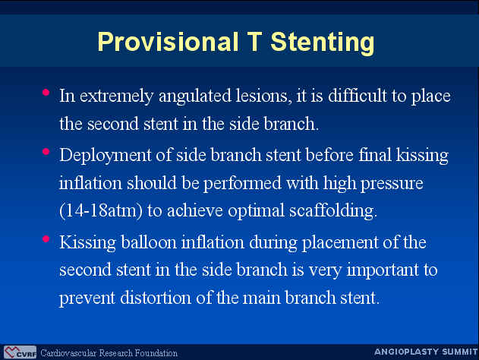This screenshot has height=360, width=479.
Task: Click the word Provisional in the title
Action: (168, 42)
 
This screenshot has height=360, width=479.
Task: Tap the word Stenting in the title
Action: (323, 43)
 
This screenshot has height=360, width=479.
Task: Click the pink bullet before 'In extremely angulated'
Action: (46, 93)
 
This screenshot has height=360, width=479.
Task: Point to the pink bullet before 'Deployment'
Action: (46, 152)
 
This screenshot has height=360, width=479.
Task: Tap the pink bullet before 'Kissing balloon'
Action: (46, 238)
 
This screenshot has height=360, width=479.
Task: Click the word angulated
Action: (195, 96)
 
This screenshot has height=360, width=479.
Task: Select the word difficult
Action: (358, 96)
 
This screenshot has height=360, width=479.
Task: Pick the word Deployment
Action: (106, 156)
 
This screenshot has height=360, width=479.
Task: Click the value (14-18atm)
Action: (101, 211)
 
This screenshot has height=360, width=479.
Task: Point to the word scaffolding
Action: (333, 211)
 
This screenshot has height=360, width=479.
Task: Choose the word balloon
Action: (149, 243)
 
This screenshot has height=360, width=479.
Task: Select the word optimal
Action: (256, 211)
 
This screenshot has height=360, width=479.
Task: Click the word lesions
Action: (263, 96)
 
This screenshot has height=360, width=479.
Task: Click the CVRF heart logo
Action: (20, 352)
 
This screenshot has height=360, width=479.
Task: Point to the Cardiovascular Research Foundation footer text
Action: (109, 353)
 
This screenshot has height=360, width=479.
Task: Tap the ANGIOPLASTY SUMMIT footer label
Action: (426, 352)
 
